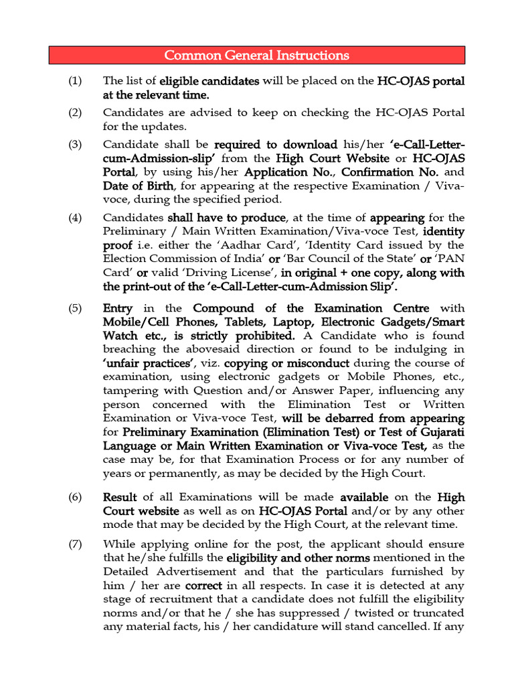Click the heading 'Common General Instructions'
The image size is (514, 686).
pos(257,55)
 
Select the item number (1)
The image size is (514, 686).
pos(75,81)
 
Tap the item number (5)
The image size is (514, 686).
pos(75,308)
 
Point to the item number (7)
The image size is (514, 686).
pos(75,544)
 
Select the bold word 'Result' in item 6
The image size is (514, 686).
pos(120,497)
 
